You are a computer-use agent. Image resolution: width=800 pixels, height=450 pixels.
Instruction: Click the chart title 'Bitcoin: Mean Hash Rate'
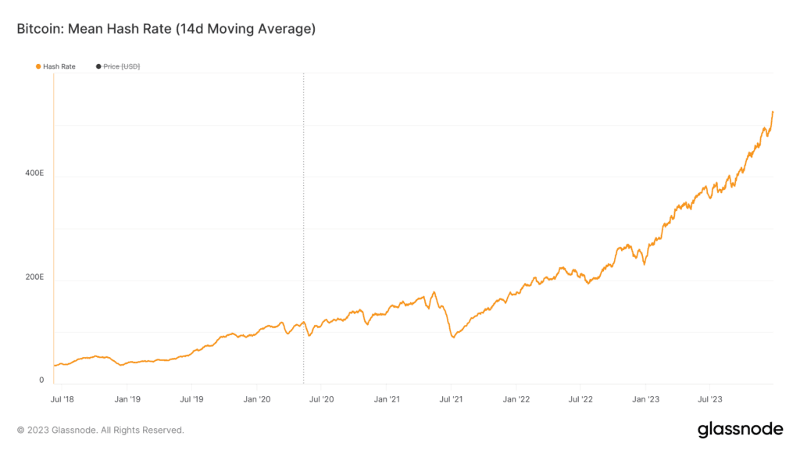click(x=95, y=29)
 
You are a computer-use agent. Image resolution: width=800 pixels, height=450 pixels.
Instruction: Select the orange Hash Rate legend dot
click(x=38, y=66)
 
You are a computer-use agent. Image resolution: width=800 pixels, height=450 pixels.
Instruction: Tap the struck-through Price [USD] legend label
click(x=121, y=66)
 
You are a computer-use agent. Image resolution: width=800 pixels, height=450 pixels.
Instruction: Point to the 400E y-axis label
click(x=34, y=173)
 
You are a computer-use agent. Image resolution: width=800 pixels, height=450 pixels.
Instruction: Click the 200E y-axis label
click(x=34, y=277)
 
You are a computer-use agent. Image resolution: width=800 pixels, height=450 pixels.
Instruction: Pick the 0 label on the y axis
click(x=41, y=380)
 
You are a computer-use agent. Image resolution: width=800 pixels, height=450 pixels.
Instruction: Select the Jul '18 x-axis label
click(x=62, y=399)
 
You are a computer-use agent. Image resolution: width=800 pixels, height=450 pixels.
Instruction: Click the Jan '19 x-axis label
click(x=127, y=399)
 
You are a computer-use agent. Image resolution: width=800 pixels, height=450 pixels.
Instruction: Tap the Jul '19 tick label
click(x=191, y=399)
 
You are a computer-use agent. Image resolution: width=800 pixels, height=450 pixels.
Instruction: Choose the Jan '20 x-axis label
click(x=256, y=399)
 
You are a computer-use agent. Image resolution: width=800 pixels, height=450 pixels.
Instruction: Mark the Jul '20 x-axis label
click(x=321, y=399)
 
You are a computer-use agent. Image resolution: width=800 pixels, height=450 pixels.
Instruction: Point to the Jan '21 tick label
click(x=387, y=399)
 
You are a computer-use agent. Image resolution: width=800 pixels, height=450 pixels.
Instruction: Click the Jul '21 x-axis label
click(x=451, y=399)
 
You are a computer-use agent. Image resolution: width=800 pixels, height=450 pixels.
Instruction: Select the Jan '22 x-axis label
click(x=516, y=399)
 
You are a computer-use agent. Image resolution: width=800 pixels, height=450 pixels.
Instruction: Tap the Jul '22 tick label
click(x=580, y=399)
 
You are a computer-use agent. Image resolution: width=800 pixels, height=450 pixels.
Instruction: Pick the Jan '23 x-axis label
click(x=645, y=399)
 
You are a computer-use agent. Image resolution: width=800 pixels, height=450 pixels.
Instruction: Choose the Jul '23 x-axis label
click(x=709, y=399)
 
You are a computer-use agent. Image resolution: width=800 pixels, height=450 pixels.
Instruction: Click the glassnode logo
click(x=741, y=430)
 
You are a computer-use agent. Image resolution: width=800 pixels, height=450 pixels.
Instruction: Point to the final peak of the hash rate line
click(x=773, y=112)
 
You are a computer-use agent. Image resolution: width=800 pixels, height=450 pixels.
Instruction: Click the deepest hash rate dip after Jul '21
click(x=453, y=337)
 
